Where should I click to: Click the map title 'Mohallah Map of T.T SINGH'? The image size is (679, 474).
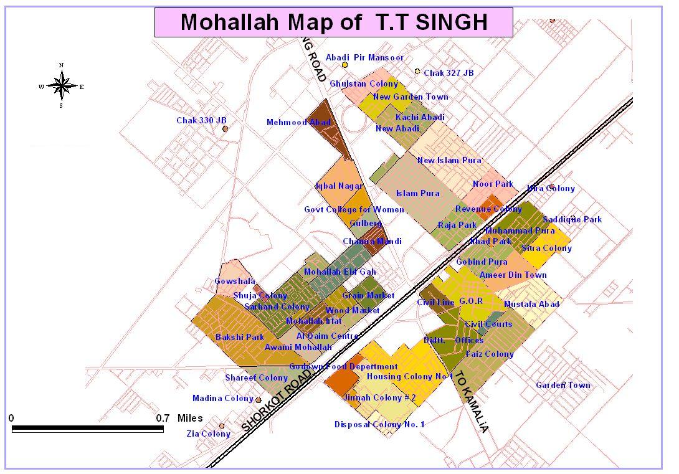click(333, 22)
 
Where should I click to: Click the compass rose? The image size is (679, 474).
click(61, 87)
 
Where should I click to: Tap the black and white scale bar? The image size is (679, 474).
click(88, 429)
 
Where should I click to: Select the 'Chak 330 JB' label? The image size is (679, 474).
click(201, 120)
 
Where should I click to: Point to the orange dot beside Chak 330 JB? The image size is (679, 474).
click(226, 129)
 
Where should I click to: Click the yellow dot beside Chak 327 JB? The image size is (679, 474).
click(417, 72)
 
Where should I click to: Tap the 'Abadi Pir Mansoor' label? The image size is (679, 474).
click(364, 57)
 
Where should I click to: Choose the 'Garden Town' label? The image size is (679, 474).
click(563, 385)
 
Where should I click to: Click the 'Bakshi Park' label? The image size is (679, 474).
click(240, 337)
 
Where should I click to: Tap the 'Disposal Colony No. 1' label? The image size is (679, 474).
click(379, 425)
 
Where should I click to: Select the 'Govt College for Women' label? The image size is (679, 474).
click(353, 209)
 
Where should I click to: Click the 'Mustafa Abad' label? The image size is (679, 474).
click(531, 304)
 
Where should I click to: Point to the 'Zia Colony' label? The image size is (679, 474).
click(208, 434)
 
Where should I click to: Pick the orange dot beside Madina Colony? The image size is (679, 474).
click(258, 400)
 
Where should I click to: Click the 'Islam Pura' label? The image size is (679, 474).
click(417, 193)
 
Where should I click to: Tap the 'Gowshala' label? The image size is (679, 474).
click(235, 282)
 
